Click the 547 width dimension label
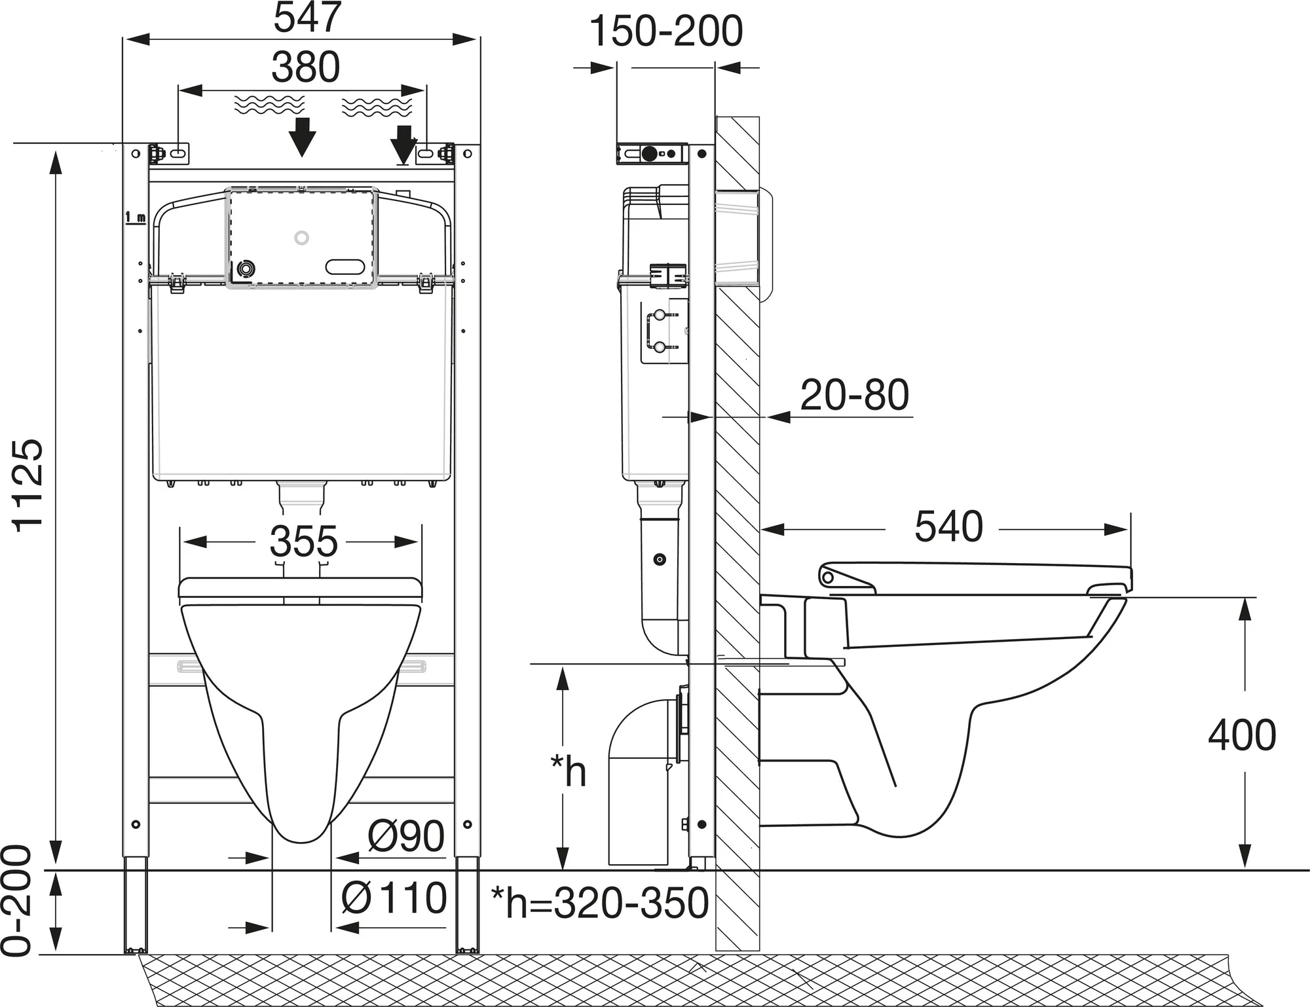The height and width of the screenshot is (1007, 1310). (x=307, y=18)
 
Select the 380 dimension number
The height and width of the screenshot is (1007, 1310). (x=306, y=67)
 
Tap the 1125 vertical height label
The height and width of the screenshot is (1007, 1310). (x=29, y=485)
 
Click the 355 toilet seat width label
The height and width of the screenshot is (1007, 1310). (x=303, y=541)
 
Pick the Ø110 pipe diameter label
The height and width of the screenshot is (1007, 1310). (x=394, y=898)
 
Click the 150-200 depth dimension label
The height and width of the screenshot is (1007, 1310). (x=666, y=31)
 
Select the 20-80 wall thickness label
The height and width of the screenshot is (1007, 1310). (x=855, y=395)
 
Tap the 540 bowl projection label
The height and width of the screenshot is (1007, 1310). (x=948, y=526)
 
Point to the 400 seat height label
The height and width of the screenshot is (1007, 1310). (x=1242, y=735)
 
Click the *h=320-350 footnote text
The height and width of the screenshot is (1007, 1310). (x=600, y=904)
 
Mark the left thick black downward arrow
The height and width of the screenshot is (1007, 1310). (x=301, y=137)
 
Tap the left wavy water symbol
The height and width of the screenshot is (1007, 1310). (x=269, y=105)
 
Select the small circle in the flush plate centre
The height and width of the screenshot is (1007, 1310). (x=301, y=238)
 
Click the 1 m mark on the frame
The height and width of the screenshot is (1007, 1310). (x=136, y=217)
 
